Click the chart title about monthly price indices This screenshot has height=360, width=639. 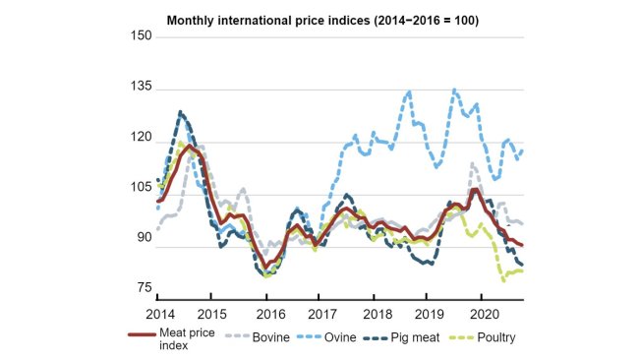click(x=321, y=20)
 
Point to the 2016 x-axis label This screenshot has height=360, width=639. click(x=265, y=313)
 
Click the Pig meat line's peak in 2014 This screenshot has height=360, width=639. click(x=181, y=112)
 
